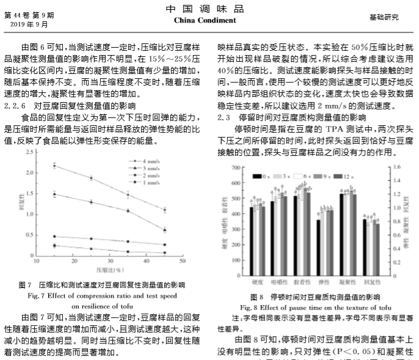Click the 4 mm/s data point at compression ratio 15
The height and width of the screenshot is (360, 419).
(54, 166)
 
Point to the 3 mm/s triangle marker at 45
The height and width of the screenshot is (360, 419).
(166, 230)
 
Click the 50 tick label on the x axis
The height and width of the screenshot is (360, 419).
(183, 261)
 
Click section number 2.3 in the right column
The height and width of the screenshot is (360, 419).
(224, 117)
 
